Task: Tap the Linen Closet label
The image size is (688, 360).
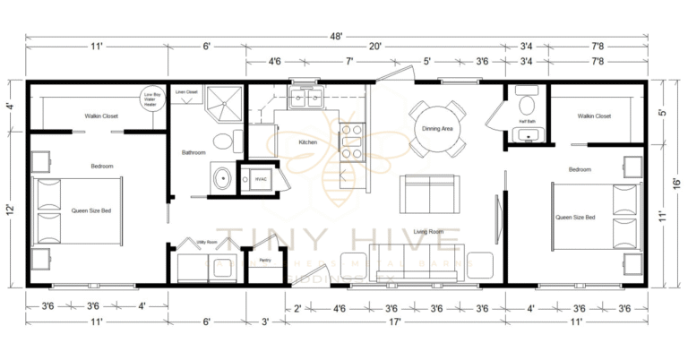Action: coord(186,91)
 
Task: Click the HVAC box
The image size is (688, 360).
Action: coord(261,178)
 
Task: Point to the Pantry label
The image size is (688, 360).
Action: coord(264,261)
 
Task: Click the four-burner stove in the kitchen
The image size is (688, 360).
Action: coord(350,139)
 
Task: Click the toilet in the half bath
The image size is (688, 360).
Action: coord(525,96)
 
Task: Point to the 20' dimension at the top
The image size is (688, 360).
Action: coord(374,46)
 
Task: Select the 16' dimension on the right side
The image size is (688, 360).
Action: coord(674,182)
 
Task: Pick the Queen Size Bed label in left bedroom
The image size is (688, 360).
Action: coord(92,211)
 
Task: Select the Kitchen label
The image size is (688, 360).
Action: coord(307,142)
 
